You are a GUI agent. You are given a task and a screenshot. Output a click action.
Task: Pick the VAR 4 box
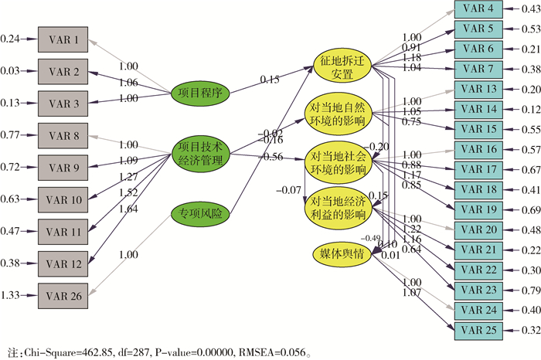pos(480,9)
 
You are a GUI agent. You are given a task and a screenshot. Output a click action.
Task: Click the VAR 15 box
pos(480,129)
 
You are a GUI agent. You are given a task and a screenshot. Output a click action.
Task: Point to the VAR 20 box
pos(480,229)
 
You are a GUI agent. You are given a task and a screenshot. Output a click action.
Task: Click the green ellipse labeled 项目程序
pos(200,93)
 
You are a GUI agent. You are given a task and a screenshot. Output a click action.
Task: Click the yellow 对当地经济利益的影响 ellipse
pos(340,207)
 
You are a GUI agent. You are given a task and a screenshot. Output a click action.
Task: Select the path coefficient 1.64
pos(132,229)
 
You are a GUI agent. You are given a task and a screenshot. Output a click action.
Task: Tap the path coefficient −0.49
pos(371,237)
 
